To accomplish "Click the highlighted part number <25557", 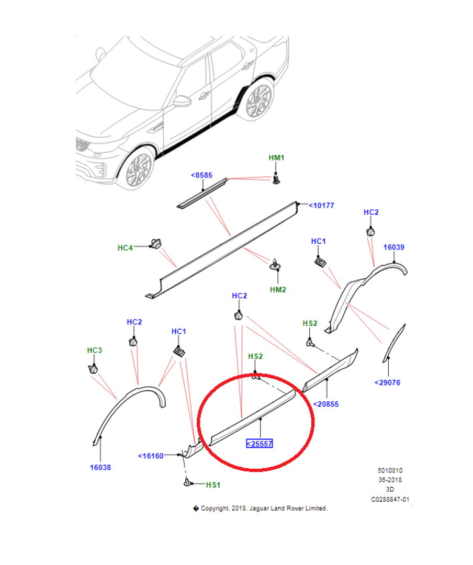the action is coord(259,444).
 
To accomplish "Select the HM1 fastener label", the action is coord(276,158).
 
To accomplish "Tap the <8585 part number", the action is coord(201,175).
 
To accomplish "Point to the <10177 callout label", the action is coord(321,206).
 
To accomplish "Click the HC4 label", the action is coord(125,248).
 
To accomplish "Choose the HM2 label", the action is coord(278,290).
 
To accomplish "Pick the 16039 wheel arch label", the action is coord(393,247).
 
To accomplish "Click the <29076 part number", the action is coord(388,382).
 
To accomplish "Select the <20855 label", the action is coord(326,404).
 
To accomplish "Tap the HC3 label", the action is coord(95,350).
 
